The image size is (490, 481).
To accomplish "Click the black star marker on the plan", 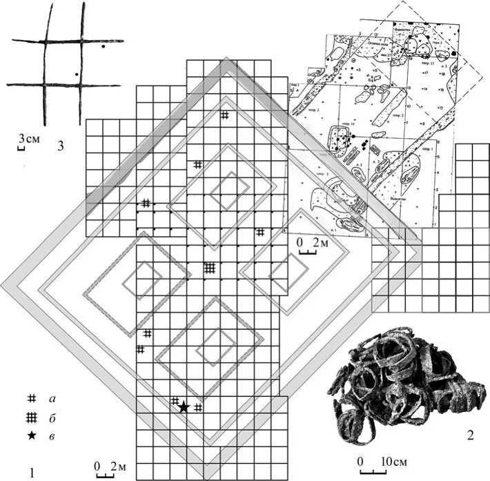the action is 184,407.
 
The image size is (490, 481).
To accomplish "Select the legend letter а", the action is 52,399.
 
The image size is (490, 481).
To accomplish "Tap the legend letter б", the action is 52,417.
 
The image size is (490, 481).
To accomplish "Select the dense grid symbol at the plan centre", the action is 210,267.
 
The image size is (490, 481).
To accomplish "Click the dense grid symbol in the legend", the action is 30,417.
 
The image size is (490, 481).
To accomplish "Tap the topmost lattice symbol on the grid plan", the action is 224,116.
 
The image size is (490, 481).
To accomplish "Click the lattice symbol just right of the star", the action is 198,407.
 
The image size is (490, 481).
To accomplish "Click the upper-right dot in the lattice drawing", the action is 103,47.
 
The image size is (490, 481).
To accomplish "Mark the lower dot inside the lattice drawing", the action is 76,72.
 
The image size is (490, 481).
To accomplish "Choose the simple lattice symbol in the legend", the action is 30,399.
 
